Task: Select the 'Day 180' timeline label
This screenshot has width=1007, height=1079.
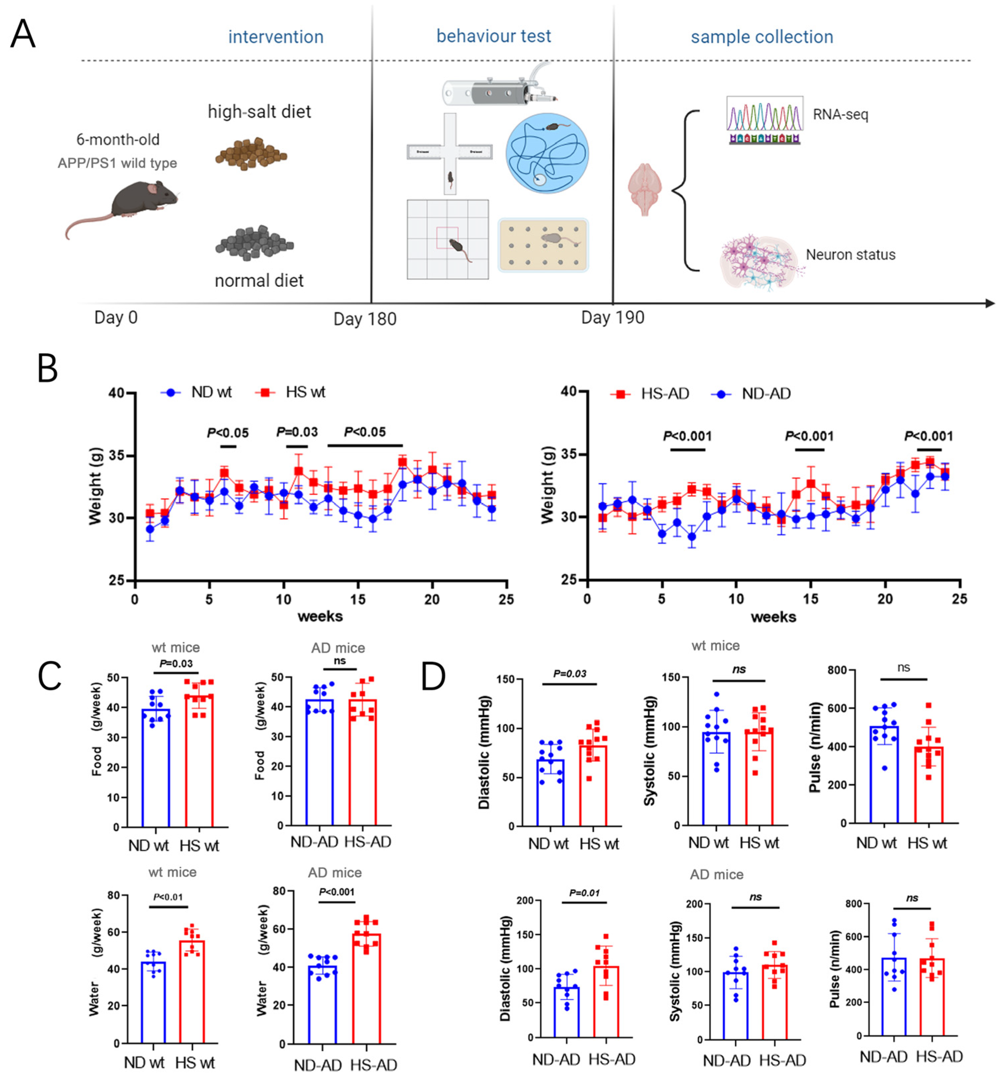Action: (x=364, y=319)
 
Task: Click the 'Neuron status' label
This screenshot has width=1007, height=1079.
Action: (x=850, y=255)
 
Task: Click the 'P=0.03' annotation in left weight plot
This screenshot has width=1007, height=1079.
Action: (x=297, y=432)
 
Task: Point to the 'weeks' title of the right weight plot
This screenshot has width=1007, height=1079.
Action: (x=773, y=617)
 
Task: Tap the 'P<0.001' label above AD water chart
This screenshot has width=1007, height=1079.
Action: (x=337, y=892)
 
